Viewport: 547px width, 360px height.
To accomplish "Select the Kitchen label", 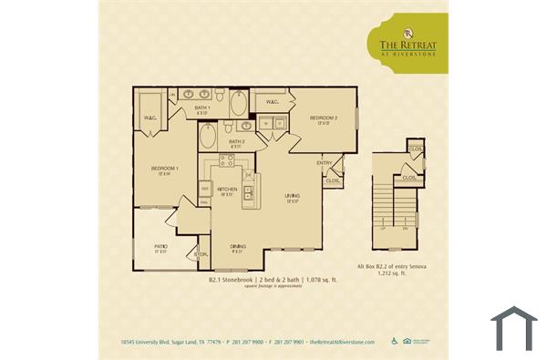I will point(227,189).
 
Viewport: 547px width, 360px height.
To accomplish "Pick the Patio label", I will point(160,248).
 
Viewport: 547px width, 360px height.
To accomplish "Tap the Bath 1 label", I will point(202,109).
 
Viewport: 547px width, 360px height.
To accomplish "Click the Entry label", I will point(324,163).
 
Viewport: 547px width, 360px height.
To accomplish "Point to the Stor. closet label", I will point(202,254).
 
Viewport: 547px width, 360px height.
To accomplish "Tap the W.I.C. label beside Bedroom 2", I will point(273,101).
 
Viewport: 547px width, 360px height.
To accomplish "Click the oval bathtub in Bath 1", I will point(239,103).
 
